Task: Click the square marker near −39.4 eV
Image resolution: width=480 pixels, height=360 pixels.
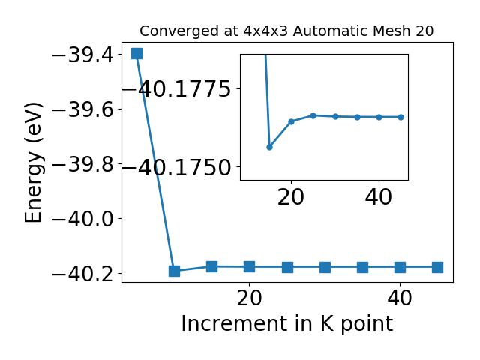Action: (136, 53)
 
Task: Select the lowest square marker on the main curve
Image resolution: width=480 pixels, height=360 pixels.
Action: (174, 271)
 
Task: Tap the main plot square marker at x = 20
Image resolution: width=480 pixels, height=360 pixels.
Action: (250, 267)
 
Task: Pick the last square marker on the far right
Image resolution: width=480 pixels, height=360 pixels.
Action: (437, 267)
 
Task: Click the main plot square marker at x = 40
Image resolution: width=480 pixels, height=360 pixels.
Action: (400, 267)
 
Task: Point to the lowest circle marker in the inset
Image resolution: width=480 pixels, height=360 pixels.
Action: (269, 147)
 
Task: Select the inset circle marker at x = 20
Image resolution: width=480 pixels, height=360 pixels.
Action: (292, 121)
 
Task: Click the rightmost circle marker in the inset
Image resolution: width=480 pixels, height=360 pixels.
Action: (400, 117)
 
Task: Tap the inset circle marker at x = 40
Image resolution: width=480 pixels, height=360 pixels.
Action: (379, 117)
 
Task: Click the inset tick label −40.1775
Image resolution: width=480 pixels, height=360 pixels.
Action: (176, 88)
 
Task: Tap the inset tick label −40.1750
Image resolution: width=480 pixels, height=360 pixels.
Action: (176, 167)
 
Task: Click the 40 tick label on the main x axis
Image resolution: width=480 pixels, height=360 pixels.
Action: (400, 298)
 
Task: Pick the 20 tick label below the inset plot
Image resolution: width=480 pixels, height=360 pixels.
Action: (291, 197)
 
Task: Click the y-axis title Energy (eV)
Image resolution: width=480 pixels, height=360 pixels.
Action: (33, 162)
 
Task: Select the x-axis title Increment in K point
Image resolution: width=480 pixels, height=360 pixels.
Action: (287, 324)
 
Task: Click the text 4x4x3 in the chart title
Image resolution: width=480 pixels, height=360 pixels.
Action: (265, 31)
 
